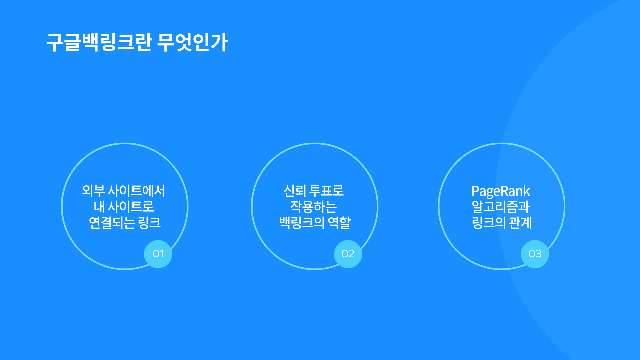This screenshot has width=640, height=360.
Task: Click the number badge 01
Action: click(158, 254)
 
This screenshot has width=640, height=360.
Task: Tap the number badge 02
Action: click(348, 254)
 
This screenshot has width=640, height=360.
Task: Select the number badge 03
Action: click(535, 254)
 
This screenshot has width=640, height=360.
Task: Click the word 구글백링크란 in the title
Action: click(99, 42)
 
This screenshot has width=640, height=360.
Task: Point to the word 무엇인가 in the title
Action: click(192, 42)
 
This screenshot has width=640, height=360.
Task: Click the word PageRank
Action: click(500, 191)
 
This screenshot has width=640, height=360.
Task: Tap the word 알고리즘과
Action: click(501, 207)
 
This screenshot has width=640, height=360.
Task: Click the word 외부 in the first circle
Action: click(93, 191)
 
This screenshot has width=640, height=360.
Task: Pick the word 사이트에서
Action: click(137, 191)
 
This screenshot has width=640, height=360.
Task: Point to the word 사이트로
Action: click(131, 207)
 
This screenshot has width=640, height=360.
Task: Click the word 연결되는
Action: click(112, 222)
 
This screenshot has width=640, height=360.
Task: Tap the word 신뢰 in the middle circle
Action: click(295, 191)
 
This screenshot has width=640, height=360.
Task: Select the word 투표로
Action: click(327, 191)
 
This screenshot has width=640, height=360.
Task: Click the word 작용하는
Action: click(313, 207)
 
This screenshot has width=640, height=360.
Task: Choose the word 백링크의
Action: click(302, 222)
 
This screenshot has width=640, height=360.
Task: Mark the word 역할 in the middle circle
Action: click(339, 222)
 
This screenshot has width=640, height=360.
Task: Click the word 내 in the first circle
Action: click(99, 207)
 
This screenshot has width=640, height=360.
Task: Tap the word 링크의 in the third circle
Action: click(489, 222)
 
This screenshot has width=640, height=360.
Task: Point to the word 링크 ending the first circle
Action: click(149, 222)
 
